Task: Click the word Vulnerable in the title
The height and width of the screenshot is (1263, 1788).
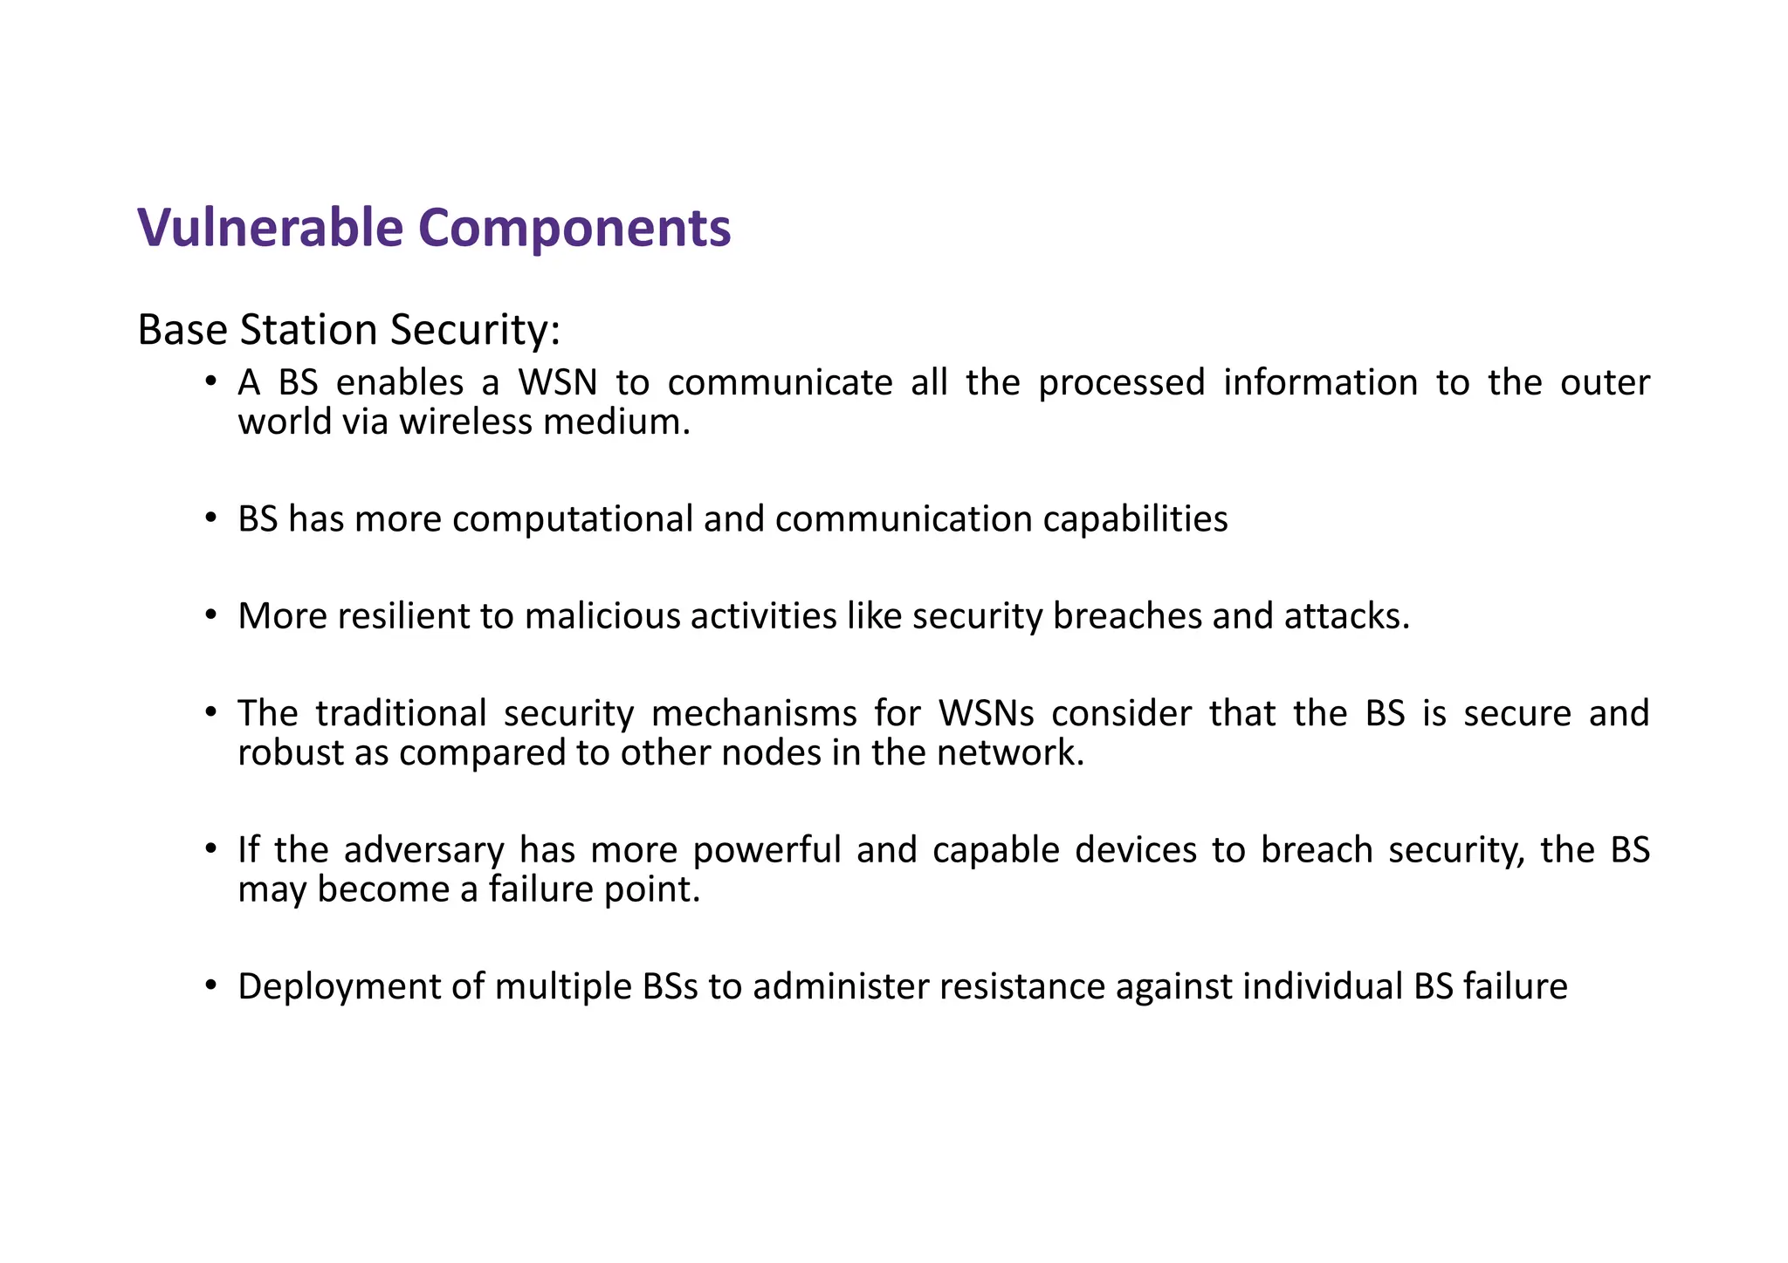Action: tap(270, 229)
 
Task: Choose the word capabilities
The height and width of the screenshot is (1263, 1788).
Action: tap(1135, 519)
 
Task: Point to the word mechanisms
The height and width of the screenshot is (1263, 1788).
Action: tap(754, 713)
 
